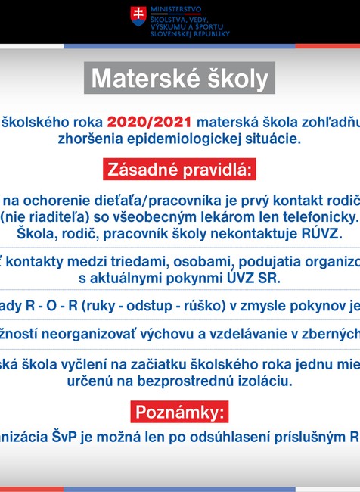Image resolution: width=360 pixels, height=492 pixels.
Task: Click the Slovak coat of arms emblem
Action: click(x=138, y=17)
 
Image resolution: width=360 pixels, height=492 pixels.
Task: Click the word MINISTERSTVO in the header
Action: click(x=173, y=8)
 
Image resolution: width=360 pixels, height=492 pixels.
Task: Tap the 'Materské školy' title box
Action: click(x=180, y=79)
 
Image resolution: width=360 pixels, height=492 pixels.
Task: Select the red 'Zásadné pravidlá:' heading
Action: click(x=180, y=169)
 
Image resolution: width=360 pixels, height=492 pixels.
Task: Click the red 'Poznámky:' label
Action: click(x=180, y=412)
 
